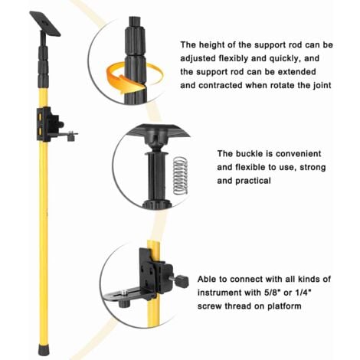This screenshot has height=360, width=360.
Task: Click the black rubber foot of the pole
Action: [x=44, y=349]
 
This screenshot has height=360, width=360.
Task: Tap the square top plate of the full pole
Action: [x=45, y=24]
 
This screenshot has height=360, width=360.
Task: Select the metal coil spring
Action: [x=181, y=175]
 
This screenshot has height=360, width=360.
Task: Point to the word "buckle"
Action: [x=250, y=154]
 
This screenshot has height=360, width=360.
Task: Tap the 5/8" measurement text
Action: [x=271, y=293]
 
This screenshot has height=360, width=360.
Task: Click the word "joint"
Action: [x=322, y=85]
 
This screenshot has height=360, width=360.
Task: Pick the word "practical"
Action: [x=253, y=181]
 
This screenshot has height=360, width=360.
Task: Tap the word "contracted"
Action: [x=221, y=85]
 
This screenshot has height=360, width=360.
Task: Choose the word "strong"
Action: [x=313, y=168]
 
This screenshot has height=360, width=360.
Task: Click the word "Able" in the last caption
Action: [x=207, y=279]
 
